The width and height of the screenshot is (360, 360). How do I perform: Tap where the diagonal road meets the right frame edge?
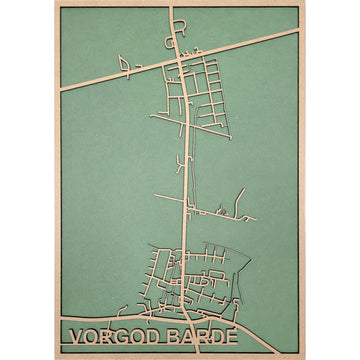click(298, 31)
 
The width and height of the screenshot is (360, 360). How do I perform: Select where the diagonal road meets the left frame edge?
click(60, 87)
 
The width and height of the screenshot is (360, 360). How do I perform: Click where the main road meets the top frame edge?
click(172, 8)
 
